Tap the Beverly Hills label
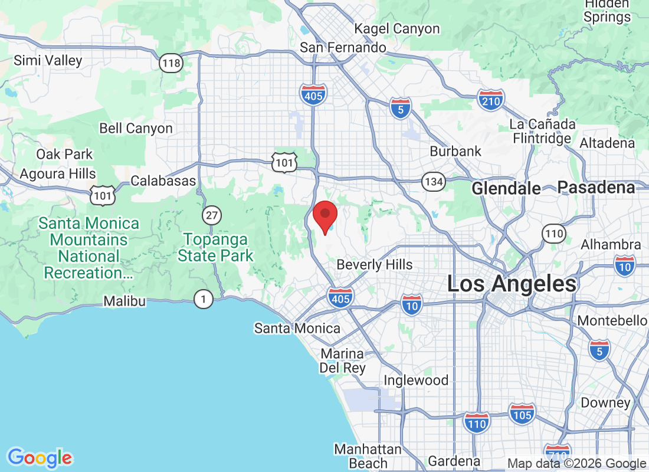[375, 264]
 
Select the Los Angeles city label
[512, 284]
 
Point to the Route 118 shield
[171, 63]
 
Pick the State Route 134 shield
[434, 181]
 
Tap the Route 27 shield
[211, 215]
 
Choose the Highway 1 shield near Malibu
[204, 299]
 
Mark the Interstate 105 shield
[522, 414]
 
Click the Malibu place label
[124, 301]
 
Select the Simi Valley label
[48, 60]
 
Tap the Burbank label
[455, 151]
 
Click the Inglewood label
[416, 380]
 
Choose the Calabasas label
[163, 181]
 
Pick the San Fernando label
[343, 47]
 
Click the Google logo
[40, 457]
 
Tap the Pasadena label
[596, 188]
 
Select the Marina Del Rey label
[342, 360]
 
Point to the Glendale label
[506, 188]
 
